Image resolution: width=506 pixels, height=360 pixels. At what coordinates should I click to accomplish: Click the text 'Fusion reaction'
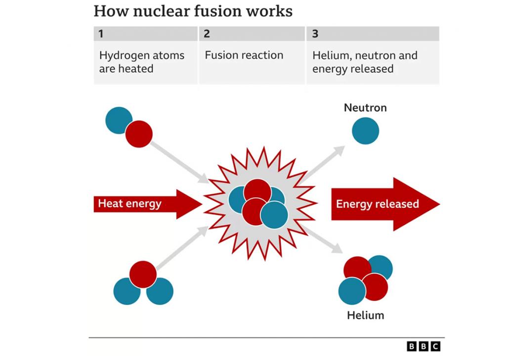pyautogui.click(x=244, y=55)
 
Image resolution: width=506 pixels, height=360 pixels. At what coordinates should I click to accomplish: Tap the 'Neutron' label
pyautogui.click(x=365, y=107)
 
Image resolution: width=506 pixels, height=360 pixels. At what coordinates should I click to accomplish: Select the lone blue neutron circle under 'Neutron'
pyautogui.click(x=365, y=131)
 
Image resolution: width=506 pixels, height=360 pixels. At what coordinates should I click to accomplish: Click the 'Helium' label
pyautogui.click(x=366, y=315)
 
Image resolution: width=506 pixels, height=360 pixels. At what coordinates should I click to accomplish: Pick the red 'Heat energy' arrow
pyautogui.click(x=148, y=204)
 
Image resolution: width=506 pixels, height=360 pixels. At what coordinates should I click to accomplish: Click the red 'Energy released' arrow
pyautogui.click(x=385, y=204)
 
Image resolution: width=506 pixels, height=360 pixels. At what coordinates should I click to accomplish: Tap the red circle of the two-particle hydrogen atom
pyautogui.click(x=139, y=134)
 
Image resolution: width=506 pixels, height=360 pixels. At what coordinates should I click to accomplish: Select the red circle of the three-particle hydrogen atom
pyautogui.click(x=143, y=274)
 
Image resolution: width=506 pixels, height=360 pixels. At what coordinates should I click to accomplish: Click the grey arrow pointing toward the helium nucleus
pyautogui.click(x=322, y=239)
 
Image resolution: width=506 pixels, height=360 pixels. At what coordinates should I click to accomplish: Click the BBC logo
pyautogui.click(x=423, y=347)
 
